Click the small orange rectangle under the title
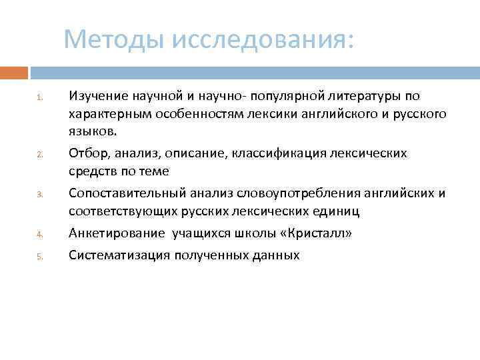coord(13,72)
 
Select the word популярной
coord(281,96)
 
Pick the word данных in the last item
coord(274,255)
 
